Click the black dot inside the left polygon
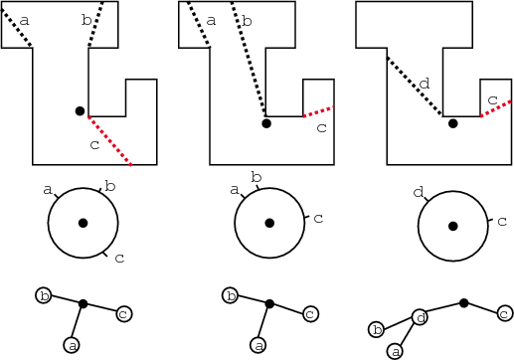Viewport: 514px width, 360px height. tap(80, 110)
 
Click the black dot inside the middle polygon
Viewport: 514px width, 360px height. tap(265, 123)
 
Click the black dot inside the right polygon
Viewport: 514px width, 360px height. tap(452, 123)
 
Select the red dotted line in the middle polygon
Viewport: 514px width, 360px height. tap(318, 111)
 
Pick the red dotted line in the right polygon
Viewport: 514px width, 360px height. tap(496, 108)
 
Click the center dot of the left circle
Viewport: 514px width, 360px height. tap(83, 223)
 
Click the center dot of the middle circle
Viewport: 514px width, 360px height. tap(268, 223)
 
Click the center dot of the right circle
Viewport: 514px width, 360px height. tap(452, 226)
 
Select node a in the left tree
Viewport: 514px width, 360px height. tap(71, 344)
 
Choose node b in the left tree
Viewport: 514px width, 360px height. tap(44, 295)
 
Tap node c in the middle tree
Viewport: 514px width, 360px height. tap(310, 314)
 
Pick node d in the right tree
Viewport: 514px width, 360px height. tap(421, 317)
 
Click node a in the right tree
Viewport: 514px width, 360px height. tap(396, 351)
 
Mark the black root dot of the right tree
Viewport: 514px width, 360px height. tap(463, 302)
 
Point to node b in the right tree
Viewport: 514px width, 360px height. tap(376, 329)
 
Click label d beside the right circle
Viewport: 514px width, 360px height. tap(418, 191)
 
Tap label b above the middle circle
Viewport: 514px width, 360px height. tap(256, 177)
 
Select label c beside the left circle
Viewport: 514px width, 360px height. tap(118, 259)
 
